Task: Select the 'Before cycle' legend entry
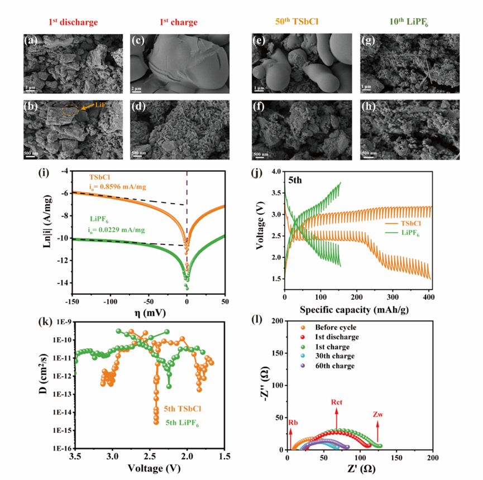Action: [x=335, y=328]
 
